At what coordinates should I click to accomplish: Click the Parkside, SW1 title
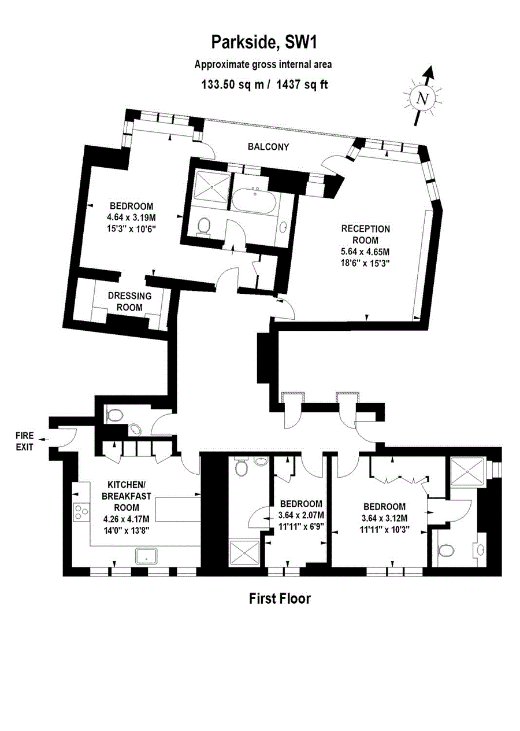tap(264, 43)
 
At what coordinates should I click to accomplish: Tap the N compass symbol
tap(423, 98)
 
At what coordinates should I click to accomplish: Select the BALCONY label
tap(268, 147)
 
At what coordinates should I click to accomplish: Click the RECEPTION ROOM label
tap(366, 234)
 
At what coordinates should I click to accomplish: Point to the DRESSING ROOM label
tap(130, 301)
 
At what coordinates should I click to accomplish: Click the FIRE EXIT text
tap(25, 441)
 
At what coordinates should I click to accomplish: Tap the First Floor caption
tap(280, 599)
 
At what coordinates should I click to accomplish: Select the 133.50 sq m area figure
tap(232, 85)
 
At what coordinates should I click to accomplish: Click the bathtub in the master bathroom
tap(254, 200)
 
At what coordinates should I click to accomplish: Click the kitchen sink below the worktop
tap(146, 555)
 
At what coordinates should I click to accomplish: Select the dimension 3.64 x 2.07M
tap(301, 515)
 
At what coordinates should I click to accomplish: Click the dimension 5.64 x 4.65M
tap(366, 252)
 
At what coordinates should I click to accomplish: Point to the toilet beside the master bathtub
tap(204, 226)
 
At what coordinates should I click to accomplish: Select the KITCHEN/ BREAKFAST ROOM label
tap(126, 496)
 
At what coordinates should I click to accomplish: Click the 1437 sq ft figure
tap(302, 85)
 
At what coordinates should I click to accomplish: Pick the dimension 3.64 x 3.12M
tap(385, 518)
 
